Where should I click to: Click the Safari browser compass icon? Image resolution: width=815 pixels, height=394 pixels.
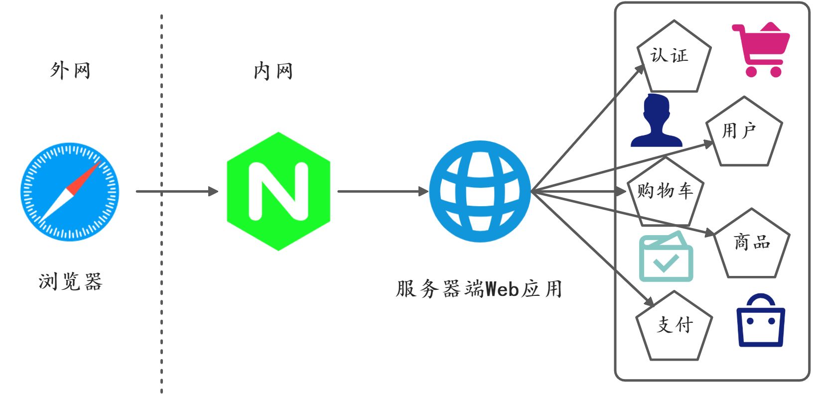click(x=70, y=192)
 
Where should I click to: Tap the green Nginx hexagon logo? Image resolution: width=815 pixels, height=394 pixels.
click(x=278, y=191)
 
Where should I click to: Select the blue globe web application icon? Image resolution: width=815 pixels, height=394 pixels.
click(x=480, y=191)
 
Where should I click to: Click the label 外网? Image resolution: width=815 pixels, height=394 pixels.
click(x=70, y=71)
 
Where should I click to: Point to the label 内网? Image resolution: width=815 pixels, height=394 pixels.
click(x=273, y=71)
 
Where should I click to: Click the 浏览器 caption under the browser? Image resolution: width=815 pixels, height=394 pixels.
click(x=70, y=281)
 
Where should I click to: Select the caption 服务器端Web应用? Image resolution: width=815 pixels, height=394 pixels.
click(x=479, y=289)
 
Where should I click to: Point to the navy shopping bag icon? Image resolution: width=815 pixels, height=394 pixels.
click(x=761, y=321)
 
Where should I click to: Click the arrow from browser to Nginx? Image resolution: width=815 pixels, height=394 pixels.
click(x=177, y=191)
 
